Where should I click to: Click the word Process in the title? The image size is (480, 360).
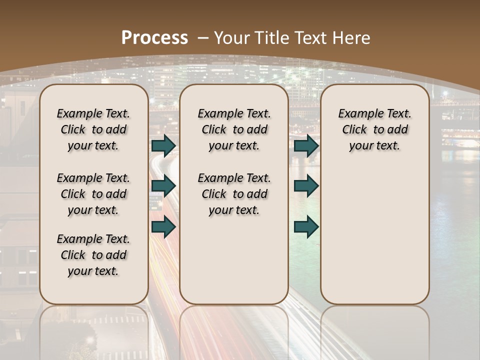click(x=155, y=37)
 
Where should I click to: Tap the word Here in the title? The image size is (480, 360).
click(x=350, y=37)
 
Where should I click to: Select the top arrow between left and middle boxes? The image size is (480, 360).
click(x=163, y=145)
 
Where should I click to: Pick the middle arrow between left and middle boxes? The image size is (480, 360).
click(x=163, y=186)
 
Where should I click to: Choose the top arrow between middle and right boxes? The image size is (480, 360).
click(x=306, y=145)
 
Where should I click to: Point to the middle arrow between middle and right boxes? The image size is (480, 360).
click(x=306, y=186)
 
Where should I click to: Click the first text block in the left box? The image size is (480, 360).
click(x=93, y=129)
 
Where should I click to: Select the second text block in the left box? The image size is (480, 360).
click(x=93, y=194)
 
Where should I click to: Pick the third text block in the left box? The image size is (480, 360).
click(x=93, y=255)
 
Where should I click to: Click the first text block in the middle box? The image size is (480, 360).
click(x=234, y=129)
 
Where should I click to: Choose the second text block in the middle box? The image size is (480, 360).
click(x=234, y=194)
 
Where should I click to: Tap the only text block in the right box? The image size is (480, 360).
click(x=374, y=129)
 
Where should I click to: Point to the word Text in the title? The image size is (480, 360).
click(x=309, y=37)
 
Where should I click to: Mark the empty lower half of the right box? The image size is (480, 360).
click(x=374, y=235)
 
